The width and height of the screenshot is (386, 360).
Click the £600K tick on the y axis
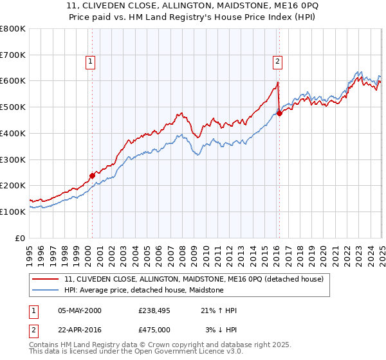tap(13, 81)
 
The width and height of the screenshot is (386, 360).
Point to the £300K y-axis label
tap(13, 159)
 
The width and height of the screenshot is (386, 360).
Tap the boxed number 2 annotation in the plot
tap(277, 62)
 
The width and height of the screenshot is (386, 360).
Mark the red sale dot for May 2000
tap(92, 175)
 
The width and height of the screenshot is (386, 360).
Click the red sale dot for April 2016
tap(279, 114)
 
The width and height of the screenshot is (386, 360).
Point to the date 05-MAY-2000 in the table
tap(80, 310)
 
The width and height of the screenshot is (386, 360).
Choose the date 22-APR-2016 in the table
tap(80, 330)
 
